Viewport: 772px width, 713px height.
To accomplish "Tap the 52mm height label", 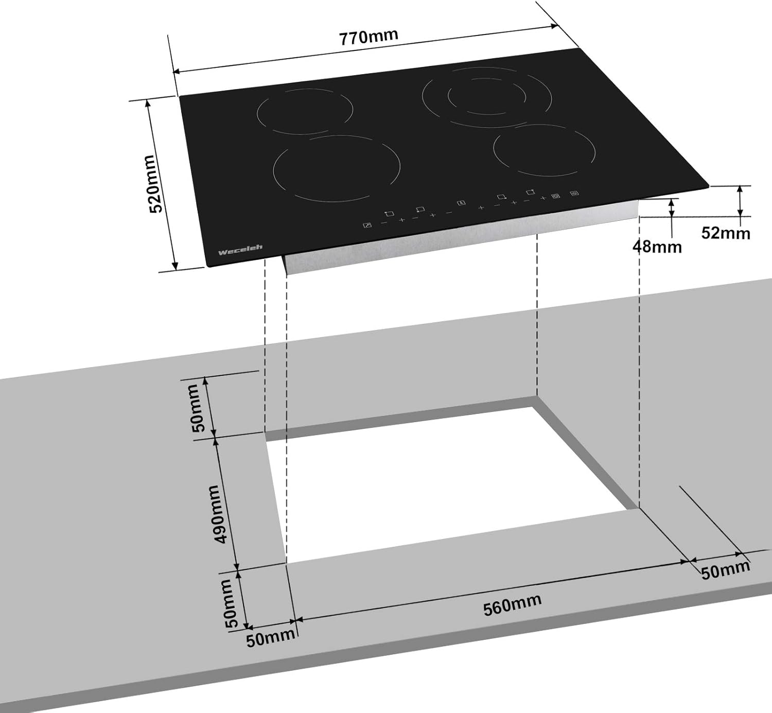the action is [x=725, y=233].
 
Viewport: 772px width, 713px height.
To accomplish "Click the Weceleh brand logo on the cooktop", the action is [x=240, y=249].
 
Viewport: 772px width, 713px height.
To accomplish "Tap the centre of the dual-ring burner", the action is [x=487, y=97].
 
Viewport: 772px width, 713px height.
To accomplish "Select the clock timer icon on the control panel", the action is [x=461, y=203].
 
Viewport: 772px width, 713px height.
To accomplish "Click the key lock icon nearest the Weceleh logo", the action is [x=367, y=225].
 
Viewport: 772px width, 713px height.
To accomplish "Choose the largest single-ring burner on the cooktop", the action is [x=337, y=168].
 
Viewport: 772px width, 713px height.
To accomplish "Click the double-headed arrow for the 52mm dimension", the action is [x=740, y=201].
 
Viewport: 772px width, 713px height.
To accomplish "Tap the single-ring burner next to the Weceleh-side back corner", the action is [x=305, y=111].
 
